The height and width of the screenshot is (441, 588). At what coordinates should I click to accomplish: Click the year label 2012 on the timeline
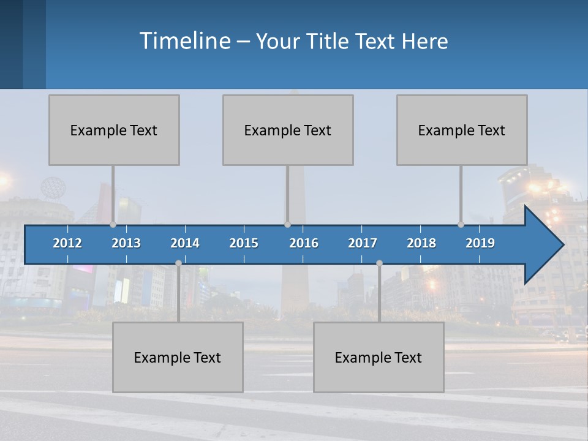pos(67,243)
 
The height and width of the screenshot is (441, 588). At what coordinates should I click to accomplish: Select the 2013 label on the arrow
pos(126,243)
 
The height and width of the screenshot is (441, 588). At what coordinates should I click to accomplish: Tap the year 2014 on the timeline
pos(185,243)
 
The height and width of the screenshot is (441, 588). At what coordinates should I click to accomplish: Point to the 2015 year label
pos(244,243)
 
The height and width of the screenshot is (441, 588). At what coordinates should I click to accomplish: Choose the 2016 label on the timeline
pos(304,243)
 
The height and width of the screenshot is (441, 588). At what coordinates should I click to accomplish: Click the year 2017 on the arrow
pos(363,243)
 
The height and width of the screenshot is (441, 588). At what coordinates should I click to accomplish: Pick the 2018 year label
pos(421,243)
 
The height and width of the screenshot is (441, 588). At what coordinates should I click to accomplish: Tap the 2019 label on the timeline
pos(480,243)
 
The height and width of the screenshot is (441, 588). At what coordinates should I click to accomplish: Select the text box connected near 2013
pos(114,130)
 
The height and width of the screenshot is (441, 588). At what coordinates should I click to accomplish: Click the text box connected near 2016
pos(288,130)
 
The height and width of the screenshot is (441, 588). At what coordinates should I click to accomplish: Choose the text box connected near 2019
pos(462,130)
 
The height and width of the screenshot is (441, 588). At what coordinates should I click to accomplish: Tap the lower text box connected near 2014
pos(178,357)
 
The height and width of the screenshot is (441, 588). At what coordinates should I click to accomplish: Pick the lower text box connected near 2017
pos(379,357)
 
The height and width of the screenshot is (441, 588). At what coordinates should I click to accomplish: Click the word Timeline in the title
pos(184,40)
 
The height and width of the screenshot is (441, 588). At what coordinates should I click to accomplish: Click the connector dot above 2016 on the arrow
pos(287,224)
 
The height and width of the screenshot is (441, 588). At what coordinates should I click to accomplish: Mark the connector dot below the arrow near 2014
pos(178,263)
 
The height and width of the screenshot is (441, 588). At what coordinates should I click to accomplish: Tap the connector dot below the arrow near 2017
pos(379,263)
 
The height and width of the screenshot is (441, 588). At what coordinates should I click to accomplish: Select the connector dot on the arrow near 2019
pos(461,224)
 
